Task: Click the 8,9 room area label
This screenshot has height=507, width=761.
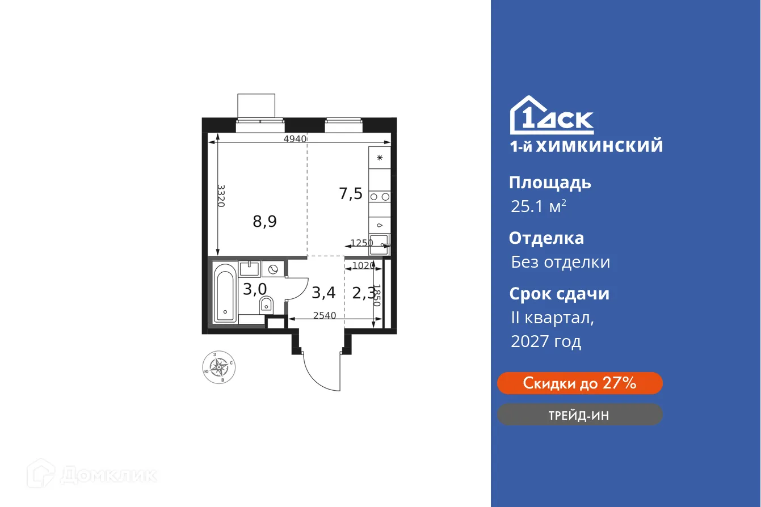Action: click(x=264, y=221)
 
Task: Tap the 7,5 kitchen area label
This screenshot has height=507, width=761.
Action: click(x=351, y=194)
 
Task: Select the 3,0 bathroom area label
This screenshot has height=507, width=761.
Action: click(x=255, y=289)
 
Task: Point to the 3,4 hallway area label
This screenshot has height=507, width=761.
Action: click(x=323, y=293)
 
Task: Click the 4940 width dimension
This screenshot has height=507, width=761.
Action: click(x=295, y=139)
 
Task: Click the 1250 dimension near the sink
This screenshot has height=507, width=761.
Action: click(x=361, y=243)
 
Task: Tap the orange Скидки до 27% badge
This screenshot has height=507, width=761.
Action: click(x=579, y=383)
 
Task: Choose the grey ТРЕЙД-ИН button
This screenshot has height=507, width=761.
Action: click(x=579, y=415)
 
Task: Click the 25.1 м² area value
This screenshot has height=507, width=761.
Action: click(x=538, y=206)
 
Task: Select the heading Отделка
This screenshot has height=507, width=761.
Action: click(x=546, y=238)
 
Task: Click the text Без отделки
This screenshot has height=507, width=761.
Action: click(x=560, y=262)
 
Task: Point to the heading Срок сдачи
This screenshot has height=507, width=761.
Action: click(x=559, y=294)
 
